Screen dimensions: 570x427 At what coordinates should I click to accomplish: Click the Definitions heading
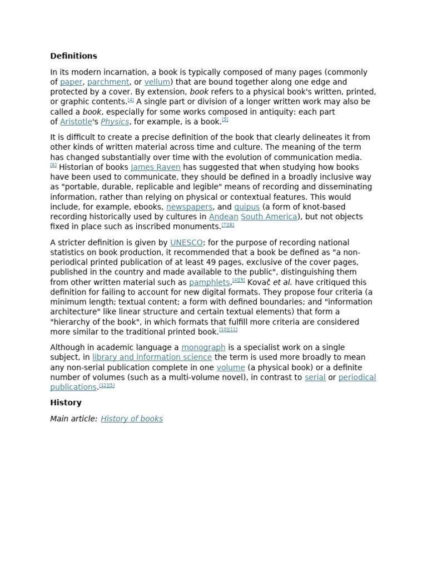tap(73, 56)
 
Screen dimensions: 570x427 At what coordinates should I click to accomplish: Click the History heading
tap(66, 402)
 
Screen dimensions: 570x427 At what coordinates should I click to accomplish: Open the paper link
tap(71, 82)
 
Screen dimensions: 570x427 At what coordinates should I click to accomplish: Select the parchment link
tap(108, 82)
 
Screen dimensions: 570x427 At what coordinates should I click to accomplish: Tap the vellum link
tap(157, 82)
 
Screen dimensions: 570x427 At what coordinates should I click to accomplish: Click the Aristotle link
tap(76, 122)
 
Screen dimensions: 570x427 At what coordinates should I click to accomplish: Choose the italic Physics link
tap(115, 122)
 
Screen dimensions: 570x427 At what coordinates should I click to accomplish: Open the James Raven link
tap(155, 167)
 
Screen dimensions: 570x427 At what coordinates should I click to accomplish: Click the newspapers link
tap(189, 207)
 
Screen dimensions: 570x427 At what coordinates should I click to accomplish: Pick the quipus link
tap(246, 207)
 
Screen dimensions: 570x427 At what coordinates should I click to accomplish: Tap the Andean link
tap(223, 217)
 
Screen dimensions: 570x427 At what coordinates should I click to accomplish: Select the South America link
tap(269, 217)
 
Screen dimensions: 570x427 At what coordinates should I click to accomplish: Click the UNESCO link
tap(186, 243)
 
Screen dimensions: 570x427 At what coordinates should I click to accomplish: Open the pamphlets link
tap(209, 282)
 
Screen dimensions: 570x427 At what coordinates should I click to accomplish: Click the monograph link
tap(203, 347)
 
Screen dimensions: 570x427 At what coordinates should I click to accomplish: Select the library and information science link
tap(152, 357)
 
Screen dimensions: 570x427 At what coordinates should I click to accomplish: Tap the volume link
tap(231, 367)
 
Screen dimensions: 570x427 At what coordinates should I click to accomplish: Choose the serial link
tap(315, 377)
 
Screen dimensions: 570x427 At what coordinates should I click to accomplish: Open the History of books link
tap(132, 419)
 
